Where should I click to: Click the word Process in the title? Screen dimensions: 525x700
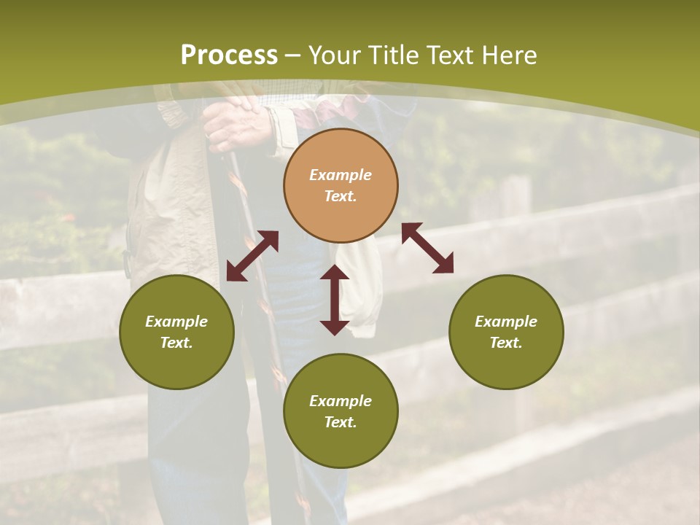click(x=229, y=55)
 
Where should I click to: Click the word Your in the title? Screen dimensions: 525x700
click(x=337, y=55)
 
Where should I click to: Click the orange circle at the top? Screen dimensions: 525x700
click(x=341, y=185)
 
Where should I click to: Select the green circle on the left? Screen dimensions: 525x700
click(x=176, y=332)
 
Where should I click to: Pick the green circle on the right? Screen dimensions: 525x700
click(x=506, y=332)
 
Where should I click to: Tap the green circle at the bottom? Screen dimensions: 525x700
click(x=341, y=411)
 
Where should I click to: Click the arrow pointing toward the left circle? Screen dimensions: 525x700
click(x=252, y=256)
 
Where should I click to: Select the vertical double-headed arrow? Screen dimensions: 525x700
click(x=335, y=300)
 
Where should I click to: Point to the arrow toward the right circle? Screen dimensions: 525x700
click(x=428, y=248)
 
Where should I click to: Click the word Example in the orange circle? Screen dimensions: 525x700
click(x=341, y=175)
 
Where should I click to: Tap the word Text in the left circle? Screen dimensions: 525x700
click(x=176, y=343)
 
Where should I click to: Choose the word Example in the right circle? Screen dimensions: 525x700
click(x=506, y=322)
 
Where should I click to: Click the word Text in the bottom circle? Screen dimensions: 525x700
click(x=341, y=422)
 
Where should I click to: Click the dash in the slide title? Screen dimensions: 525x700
click(x=292, y=55)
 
